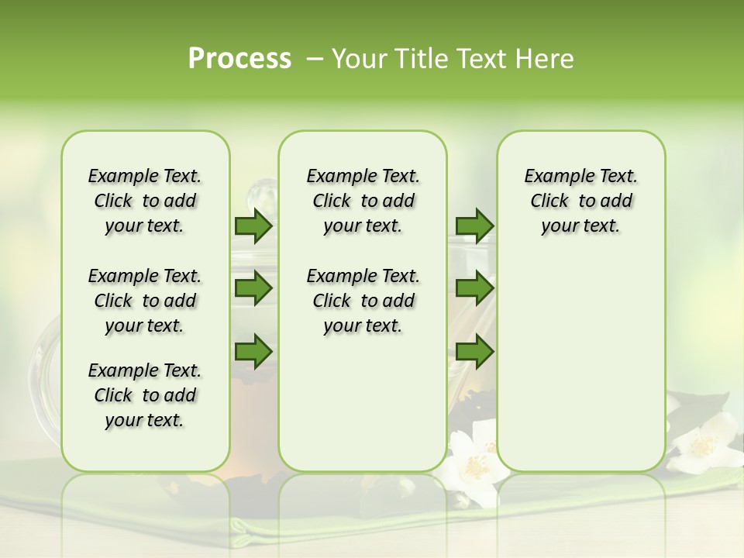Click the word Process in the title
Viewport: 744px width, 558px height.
(239, 58)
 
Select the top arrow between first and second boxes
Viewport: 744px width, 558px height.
(253, 226)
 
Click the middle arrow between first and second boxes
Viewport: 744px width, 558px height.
(253, 288)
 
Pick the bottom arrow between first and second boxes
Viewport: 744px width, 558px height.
(253, 352)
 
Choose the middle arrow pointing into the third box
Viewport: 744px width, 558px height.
(474, 288)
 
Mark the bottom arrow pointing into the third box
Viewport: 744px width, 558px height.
(474, 352)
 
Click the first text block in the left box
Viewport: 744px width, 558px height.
(145, 201)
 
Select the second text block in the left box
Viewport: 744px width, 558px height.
(145, 301)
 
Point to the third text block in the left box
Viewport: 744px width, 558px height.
(145, 395)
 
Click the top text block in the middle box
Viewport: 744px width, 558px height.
(363, 201)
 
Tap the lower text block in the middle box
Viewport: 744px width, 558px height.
(363, 301)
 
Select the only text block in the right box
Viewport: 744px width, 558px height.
(580, 201)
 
